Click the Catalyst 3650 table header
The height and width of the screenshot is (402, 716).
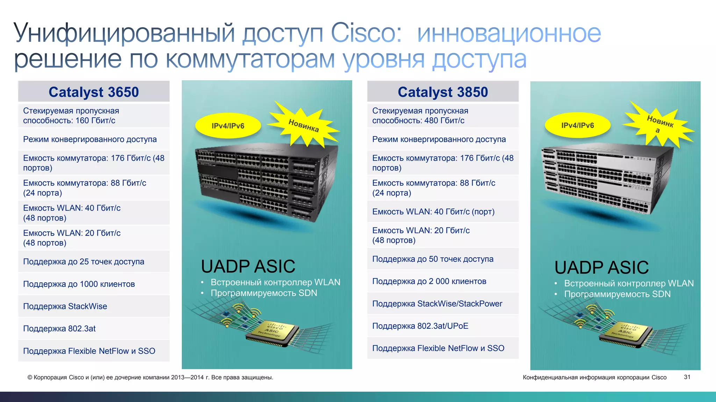pyautogui.click(x=94, y=92)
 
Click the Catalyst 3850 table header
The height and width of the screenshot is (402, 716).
pyautogui.click(x=443, y=92)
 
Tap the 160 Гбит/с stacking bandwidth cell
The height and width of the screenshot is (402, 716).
pyautogui.click(x=94, y=116)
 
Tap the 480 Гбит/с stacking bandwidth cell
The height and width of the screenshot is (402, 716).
pyautogui.click(x=443, y=116)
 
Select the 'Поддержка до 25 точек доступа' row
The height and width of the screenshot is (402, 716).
pyautogui.click(x=94, y=262)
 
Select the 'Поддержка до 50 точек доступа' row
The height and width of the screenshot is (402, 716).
pyautogui.click(x=443, y=259)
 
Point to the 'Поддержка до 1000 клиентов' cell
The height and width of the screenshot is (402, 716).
pyautogui.click(x=94, y=284)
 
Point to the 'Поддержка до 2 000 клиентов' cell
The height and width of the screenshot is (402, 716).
pyautogui.click(x=443, y=281)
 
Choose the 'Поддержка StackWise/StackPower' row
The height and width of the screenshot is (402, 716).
pyautogui.click(x=443, y=304)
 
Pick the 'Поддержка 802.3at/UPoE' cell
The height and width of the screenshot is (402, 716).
pyautogui.click(x=443, y=326)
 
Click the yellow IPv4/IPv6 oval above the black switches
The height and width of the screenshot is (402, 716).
pyautogui.click(x=228, y=126)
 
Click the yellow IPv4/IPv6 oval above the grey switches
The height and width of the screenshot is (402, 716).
pyautogui.click(x=578, y=125)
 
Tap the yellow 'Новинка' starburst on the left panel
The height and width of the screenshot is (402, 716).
pyautogui.click(x=303, y=125)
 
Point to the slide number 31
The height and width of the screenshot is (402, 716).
pyautogui.click(x=687, y=377)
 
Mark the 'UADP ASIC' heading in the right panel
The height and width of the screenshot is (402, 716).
pyautogui.click(x=601, y=268)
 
